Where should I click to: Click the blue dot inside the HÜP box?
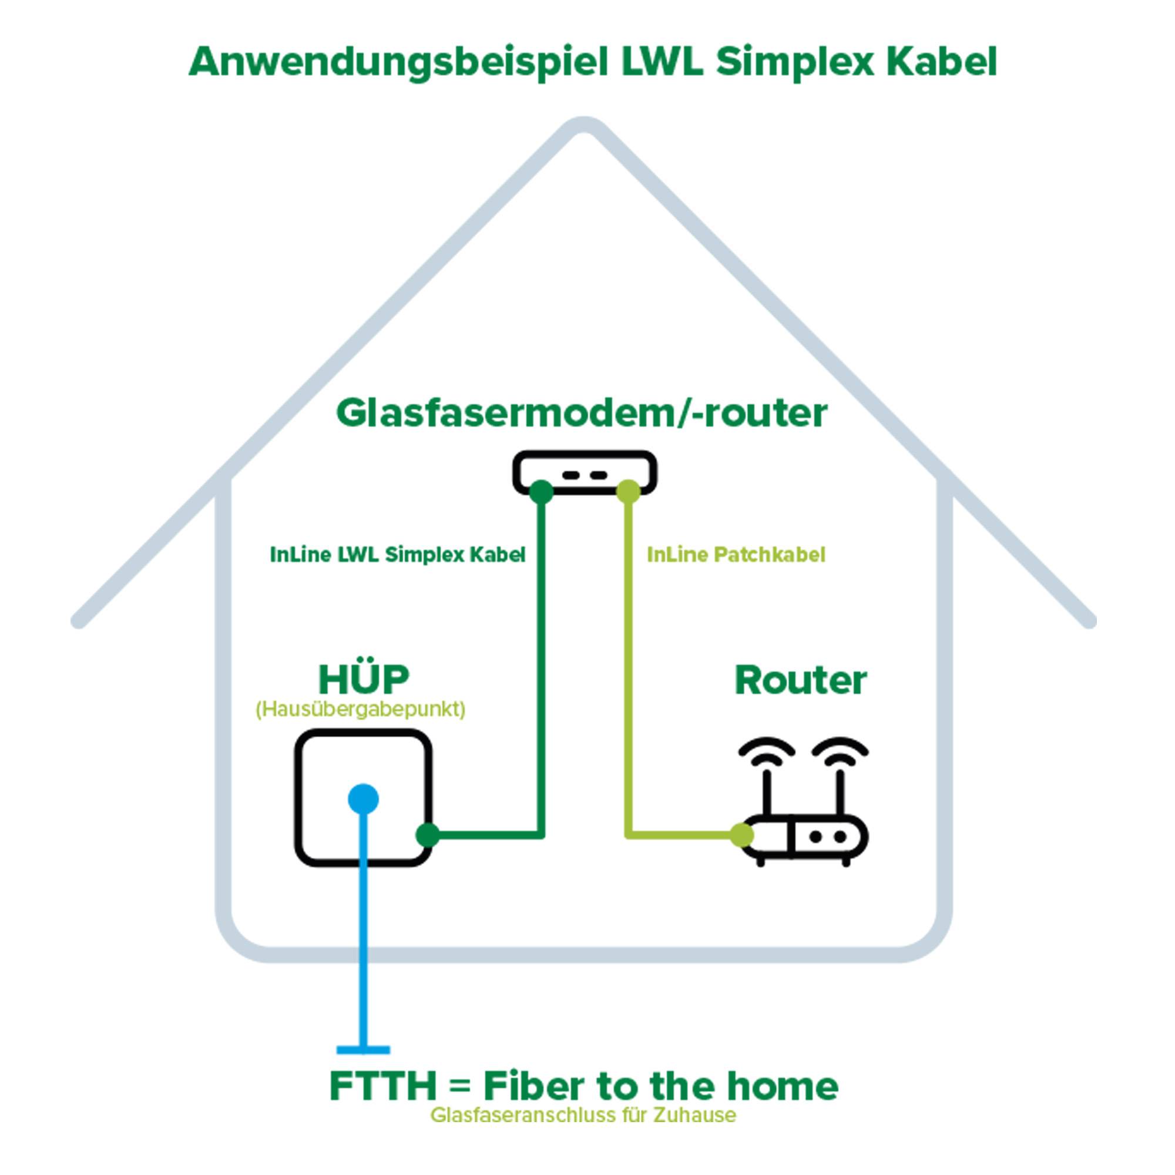(x=363, y=798)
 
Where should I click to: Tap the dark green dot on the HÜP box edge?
(x=428, y=835)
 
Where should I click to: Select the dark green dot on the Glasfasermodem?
(x=540, y=491)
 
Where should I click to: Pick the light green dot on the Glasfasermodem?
(x=628, y=491)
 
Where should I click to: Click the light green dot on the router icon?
(x=741, y=835)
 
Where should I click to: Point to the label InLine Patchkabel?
(x=736, y=555)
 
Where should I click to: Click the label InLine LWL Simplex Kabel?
(x=397, y=555)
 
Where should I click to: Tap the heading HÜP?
(x=364, y=679)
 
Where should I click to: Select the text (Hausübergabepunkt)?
(x=360, y=710)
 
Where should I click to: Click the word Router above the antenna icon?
(x=800, y=680)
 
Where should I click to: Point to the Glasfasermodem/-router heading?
(x=582, y=413)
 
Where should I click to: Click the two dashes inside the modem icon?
(x=584, y=475)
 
